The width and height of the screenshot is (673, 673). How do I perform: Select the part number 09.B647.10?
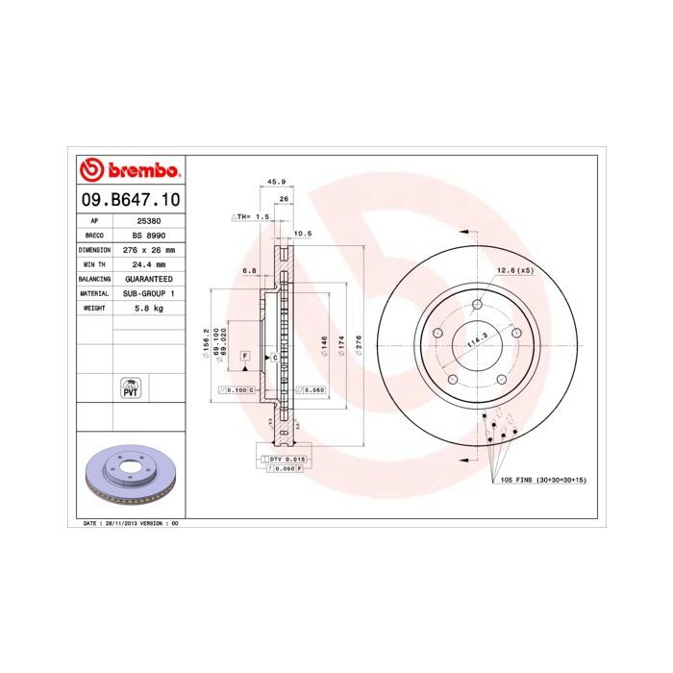[129, 200]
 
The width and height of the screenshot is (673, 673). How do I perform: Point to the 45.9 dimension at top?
[276, 181]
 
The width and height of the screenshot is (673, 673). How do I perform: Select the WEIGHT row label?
[94, 307]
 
